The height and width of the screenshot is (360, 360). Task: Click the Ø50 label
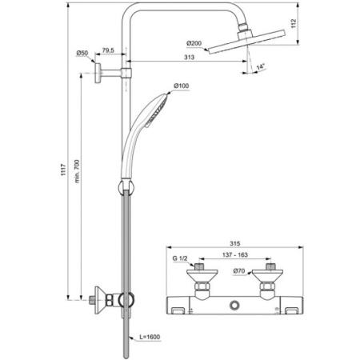click(x=82, y=53)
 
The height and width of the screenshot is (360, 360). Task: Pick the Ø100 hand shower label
click(x=181, y=86)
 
